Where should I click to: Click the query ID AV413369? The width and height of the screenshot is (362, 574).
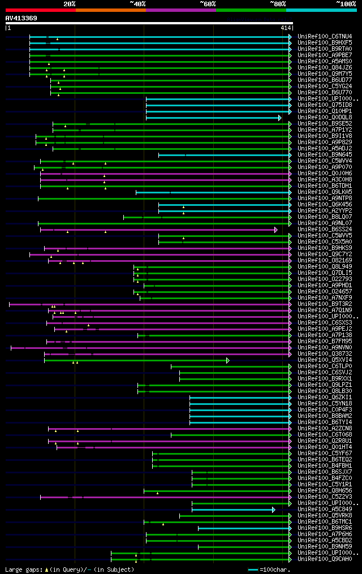click(x=21, y=18)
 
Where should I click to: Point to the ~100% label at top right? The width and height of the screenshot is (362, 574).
click(x=346, y=3)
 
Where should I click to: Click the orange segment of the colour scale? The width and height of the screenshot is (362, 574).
click(x=110, y=10)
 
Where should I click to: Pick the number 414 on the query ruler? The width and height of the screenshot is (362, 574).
click(x=285, y=27)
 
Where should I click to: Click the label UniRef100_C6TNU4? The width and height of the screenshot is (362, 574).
click(x=324, y=37)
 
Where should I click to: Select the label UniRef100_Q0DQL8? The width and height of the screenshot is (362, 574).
click(x=324, y=118)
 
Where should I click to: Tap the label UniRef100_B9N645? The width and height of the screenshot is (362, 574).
click(x=324, y=155)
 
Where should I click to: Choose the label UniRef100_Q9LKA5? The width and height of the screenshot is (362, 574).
click(x=324, y=192)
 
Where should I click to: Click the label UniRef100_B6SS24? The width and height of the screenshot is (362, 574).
click(x=324, y=230)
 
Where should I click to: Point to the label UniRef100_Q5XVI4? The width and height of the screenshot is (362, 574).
click(x=324, y=360)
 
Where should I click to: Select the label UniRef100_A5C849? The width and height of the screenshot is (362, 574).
click(x=324, y=510)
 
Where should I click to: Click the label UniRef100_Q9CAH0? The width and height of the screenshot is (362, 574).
click(x=324, y=559)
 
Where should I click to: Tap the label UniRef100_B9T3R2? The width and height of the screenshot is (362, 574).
click(x=324, y=304)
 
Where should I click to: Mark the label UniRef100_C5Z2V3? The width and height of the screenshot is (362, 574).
click(x=324, y=497)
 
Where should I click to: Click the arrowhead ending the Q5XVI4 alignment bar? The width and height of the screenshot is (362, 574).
click(x=228, y=360)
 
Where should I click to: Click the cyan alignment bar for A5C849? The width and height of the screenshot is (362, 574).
click(x=232, y=510)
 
